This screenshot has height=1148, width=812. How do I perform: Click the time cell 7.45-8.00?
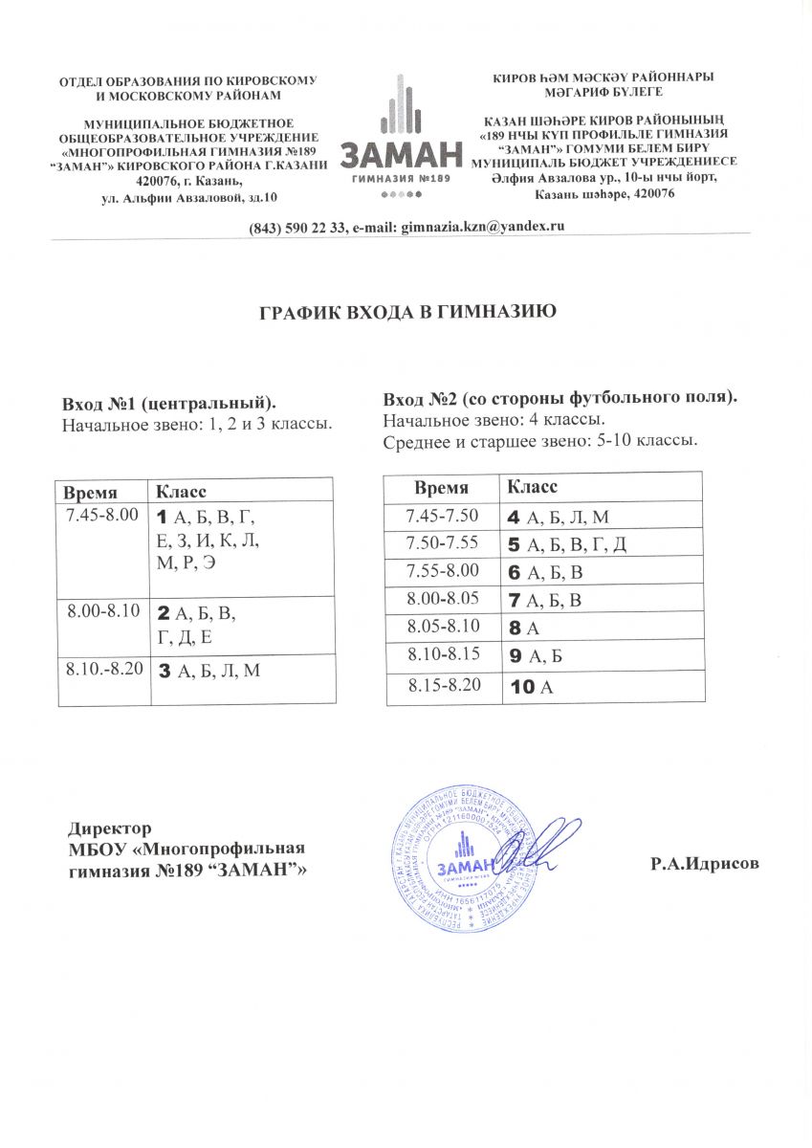(x=99, y=516)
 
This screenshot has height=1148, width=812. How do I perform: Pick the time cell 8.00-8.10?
(x=99, y=609)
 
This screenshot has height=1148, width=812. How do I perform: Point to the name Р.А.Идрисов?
(x=705, y=864)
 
